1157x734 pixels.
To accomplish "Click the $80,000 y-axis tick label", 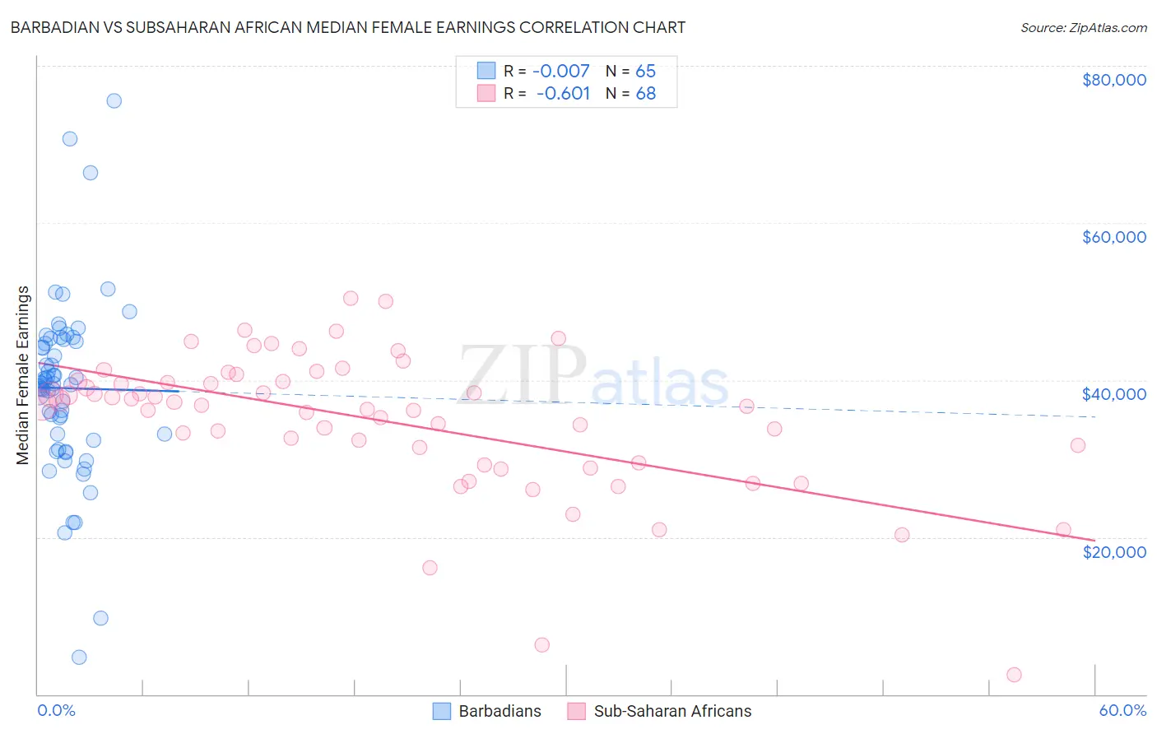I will (x=1113, y=80).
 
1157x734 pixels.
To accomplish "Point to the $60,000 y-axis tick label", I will (x=1113, y=237).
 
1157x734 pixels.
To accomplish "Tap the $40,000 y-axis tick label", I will (x=1113, y=394).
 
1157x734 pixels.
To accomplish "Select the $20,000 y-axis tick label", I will (x=1113, y=551).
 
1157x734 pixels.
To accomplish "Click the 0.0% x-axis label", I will (x=56, y=710).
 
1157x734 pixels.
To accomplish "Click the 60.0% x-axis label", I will (x=1122, y=710).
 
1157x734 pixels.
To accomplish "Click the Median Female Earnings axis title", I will (x=23, y=375).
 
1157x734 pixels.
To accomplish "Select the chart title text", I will (x=348, y=27).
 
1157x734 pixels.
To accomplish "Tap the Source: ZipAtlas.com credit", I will (x=1083, y=28).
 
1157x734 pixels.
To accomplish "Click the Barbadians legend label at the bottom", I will (x=500, y=711).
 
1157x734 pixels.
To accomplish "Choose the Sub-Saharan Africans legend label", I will (x=672, y=711).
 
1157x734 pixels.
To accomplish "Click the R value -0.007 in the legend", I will (x=561, y=71).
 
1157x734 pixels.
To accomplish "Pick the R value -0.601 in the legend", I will (x=563, y=93).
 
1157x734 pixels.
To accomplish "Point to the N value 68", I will (x=646, y=93).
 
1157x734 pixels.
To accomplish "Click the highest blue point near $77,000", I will (x=114, y=100).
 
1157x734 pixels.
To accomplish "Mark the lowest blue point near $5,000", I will (x=79, y=657).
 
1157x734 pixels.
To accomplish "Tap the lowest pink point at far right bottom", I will (x=1014, y=675).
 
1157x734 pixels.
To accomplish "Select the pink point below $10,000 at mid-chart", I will (x=541, y=644).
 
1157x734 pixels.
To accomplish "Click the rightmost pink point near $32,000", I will (x=1077, y=445).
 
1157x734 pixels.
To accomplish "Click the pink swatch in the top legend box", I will (x=486, y=93).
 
